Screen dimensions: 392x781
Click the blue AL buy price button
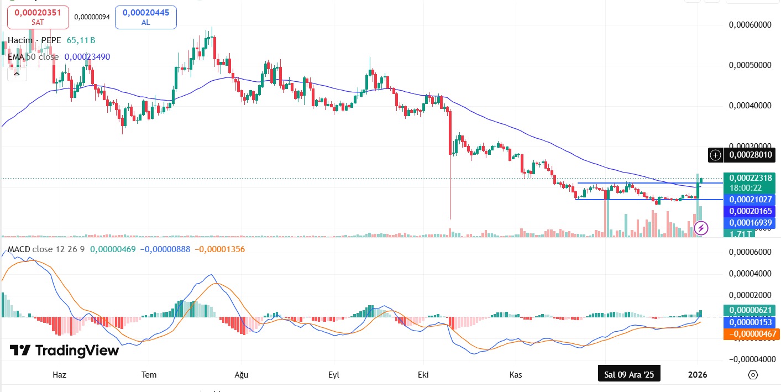146,17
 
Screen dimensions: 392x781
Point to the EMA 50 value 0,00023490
87,56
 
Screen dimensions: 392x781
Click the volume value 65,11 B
81,40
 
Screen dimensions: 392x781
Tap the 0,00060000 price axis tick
749,24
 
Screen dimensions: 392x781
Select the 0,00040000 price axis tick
749,105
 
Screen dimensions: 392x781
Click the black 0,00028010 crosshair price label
749,155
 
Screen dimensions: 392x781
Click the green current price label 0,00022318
751,178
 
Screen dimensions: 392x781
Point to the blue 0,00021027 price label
751,199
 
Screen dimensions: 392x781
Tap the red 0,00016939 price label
751,222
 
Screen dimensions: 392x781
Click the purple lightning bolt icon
701,228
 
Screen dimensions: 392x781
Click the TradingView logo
64,351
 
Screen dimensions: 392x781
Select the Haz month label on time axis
59,374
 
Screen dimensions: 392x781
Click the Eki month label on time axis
424,374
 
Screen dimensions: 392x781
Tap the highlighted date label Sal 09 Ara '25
629,374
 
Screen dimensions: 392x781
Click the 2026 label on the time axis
698,374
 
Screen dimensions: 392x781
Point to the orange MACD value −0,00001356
219,249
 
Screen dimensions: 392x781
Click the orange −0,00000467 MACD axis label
751,333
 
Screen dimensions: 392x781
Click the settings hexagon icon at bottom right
752,375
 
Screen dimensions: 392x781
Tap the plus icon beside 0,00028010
715,155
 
